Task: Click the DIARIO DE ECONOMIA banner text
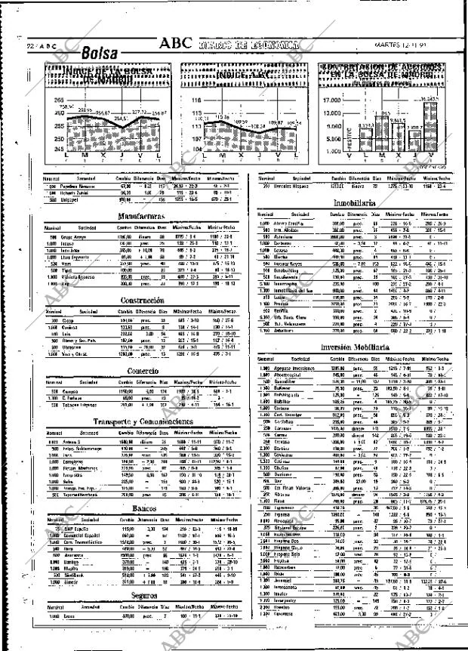(x=248, y=44)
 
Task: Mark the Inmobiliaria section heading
(x=355, y=204)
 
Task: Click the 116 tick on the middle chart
(x=197, y=99)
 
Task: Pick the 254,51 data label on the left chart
(x=122, y=119)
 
